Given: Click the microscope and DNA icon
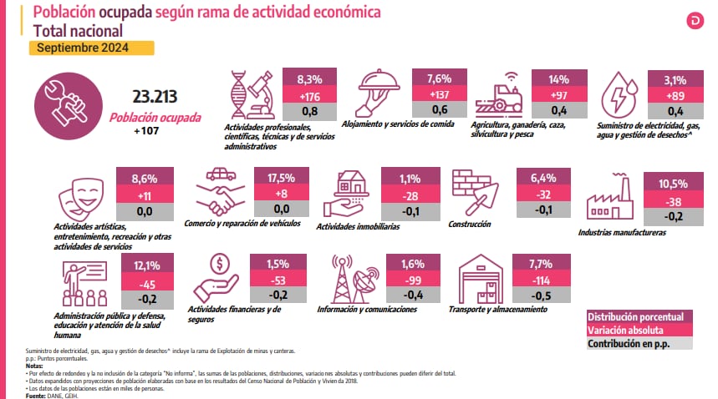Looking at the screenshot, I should (x=253, y=93).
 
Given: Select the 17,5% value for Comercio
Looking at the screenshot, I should (x=280, y=178).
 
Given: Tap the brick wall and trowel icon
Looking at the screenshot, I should (x=474, y=192).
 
